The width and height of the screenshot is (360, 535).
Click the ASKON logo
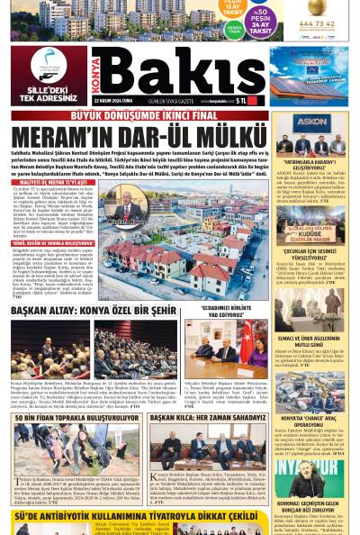(312, 121)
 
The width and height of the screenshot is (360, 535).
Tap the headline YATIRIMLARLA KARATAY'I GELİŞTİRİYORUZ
(311, 165)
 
